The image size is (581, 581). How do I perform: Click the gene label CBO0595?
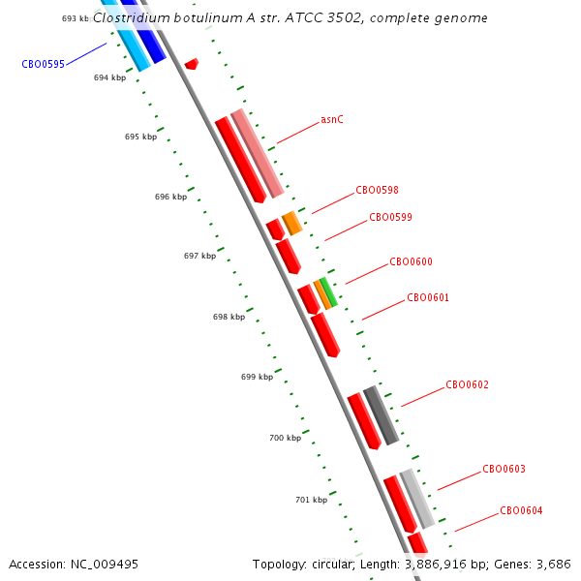[x=43, y=64]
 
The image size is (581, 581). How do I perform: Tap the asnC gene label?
[x=332, y=120]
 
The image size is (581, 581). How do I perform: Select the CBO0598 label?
[x=377, y=190]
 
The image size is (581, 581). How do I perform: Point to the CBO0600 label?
[x=411, y=261]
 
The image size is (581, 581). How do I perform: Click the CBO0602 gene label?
[x=467, y=384]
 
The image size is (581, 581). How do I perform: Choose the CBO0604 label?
[x=521, y=510]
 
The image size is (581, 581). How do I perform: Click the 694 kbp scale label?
[x=109, y=77]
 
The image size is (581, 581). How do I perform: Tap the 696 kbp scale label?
[x=170, y=197]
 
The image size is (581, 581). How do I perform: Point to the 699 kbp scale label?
[x=258, y=377]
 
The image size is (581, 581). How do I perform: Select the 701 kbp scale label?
[x=311, y=500]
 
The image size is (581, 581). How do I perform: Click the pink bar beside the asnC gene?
[x=258, y=153]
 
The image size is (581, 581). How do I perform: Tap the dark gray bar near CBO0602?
[x=382, y=415]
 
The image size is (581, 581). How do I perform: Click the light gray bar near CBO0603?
[x=417, y=499]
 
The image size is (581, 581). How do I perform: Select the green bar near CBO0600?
[x=328, y=292]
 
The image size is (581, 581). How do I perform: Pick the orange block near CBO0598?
[x=292, y=223]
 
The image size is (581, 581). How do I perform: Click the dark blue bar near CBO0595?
[x=144, y=33]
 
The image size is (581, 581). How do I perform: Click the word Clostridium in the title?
[x=131, y=17]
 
